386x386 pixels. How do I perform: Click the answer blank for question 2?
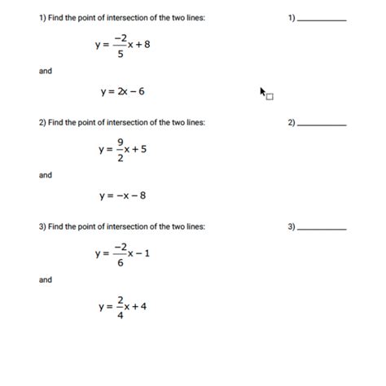click(323, 125)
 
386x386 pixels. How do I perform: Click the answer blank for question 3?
click(323, 229)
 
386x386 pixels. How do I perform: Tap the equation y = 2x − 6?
click(122, 92)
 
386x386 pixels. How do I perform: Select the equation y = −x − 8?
click(122, 196)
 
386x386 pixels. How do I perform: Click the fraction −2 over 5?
click(121, 46)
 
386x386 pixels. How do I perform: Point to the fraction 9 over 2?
click(120, 149)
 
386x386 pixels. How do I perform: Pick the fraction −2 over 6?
click(121, 253)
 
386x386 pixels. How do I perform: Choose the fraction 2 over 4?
click(119, 307)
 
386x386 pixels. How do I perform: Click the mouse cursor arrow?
click(264, 92)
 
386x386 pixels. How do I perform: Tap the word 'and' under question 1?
click(46, 72)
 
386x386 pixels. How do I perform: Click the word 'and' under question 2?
click(46, 175)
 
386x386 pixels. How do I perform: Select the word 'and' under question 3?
click(46, 279)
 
